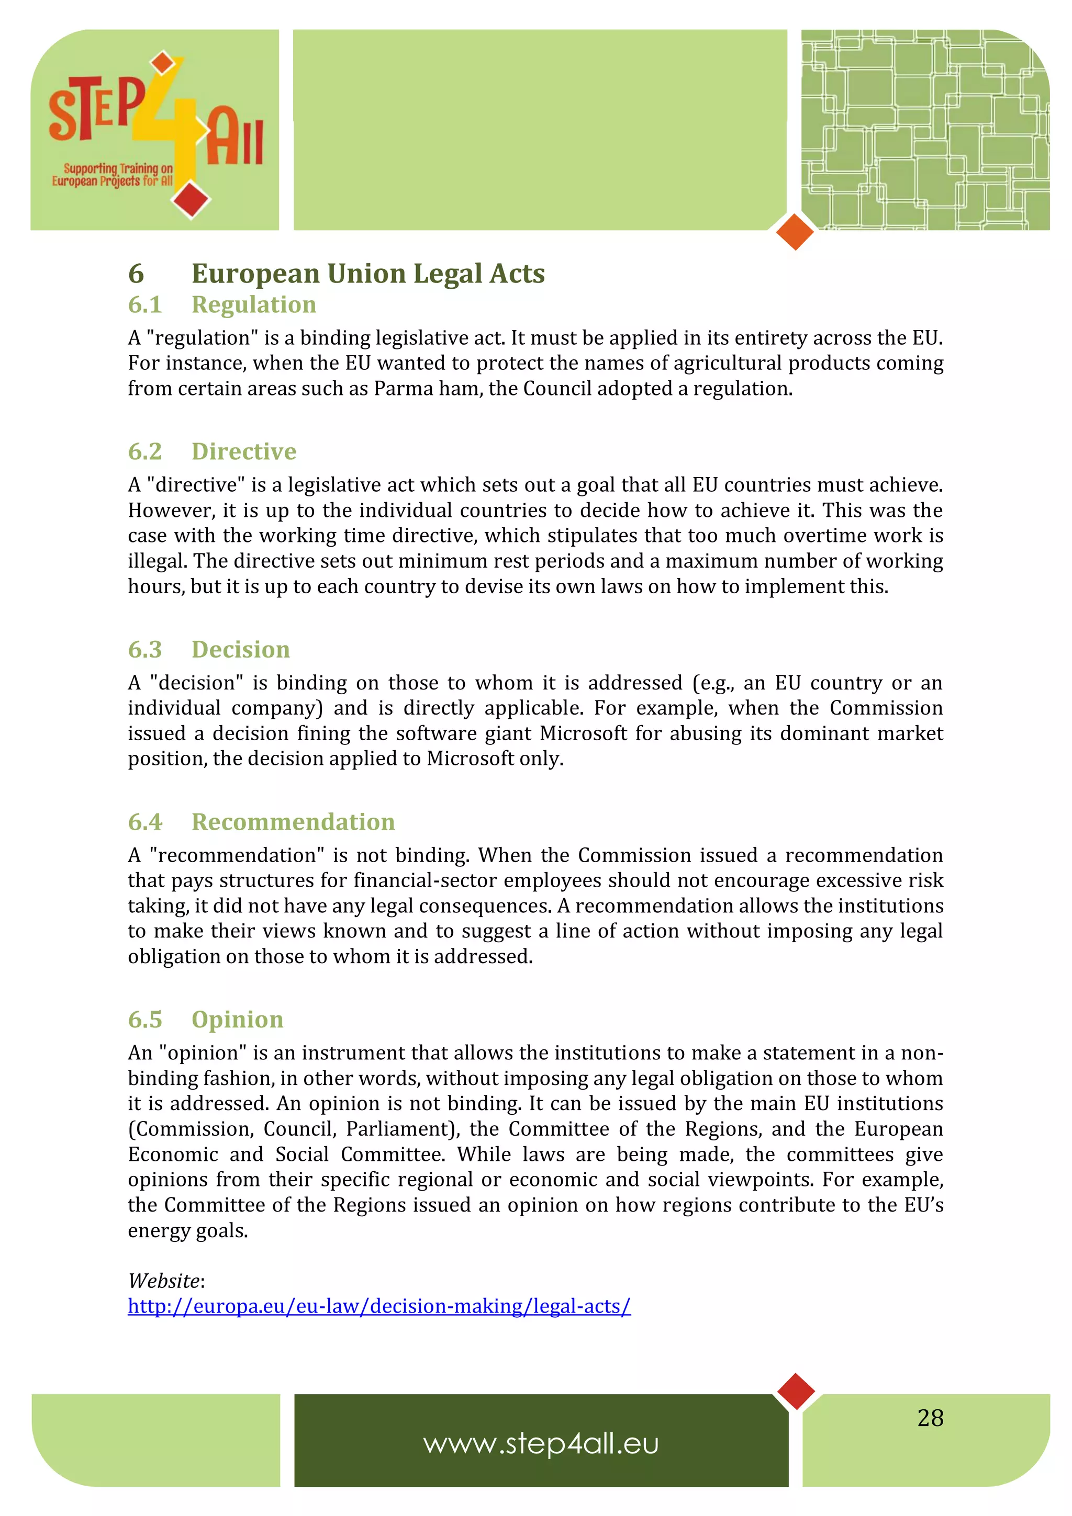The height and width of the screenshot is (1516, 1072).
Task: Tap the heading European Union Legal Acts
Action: [x=367, y=274]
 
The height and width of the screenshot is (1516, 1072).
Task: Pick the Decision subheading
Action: [x=240, y=649]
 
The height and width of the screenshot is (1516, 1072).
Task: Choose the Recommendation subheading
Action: [x=293, y=821]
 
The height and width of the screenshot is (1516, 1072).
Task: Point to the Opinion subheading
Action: [x=237, y=1019]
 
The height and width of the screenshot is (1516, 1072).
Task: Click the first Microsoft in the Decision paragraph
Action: [x=583, y=733]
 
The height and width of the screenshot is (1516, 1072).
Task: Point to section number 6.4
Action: [x=144, y=821]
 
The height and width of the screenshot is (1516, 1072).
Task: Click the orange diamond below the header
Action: [x=795, y=232]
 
